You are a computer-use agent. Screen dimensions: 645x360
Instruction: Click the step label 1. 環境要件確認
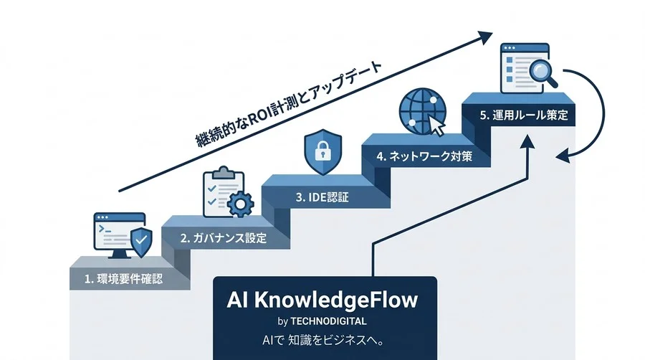coord(123,279)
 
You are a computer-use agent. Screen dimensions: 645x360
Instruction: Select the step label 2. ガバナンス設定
coord(224,238)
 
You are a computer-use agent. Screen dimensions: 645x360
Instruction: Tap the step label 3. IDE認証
coord(322,197)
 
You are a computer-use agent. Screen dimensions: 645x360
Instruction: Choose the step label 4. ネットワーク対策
coord(424,156)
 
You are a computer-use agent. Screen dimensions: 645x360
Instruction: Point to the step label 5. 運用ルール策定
coord(524,115)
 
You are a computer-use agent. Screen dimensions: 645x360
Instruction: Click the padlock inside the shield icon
coord(323,151)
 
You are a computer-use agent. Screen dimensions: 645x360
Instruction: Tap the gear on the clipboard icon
coord(240,204)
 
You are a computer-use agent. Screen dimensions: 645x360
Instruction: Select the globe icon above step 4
coord(422,111)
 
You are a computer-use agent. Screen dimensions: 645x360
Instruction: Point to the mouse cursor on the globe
coord(436,125)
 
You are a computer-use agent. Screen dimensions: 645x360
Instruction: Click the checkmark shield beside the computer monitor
coord(141,242)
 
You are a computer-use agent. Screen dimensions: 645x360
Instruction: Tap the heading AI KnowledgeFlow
coord(322,300)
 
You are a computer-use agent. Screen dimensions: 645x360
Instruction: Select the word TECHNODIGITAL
coord(328,321)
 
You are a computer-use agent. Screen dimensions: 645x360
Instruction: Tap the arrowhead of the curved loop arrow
coord(563,156)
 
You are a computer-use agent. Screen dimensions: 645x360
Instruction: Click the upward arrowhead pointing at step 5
coord(527,141)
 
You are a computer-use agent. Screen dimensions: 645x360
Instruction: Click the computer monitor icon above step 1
coord(119,235)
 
